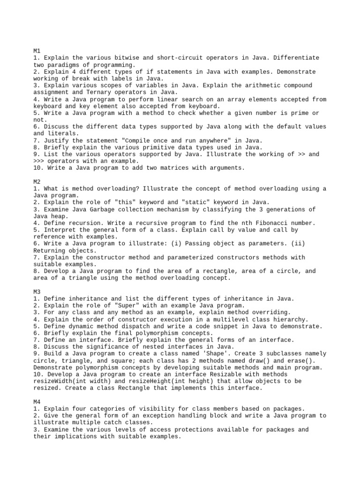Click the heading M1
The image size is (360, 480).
click(37, 51)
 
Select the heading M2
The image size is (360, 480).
click(37, 181)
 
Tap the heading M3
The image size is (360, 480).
click(37, 292)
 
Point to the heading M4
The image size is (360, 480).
click(37, 402)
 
